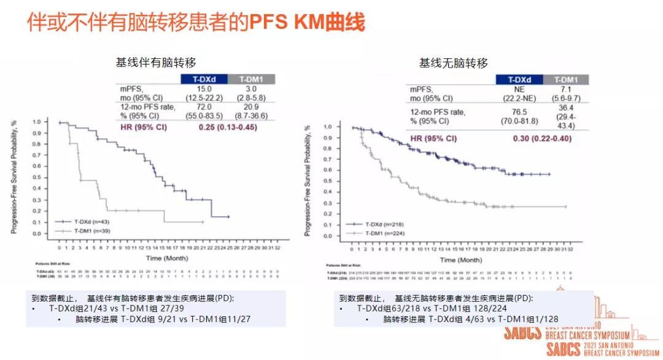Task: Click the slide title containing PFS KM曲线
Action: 196,22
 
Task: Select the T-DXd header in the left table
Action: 203,79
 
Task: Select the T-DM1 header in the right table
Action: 565,79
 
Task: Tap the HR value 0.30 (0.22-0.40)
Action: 542,138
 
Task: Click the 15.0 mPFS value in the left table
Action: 204,88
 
